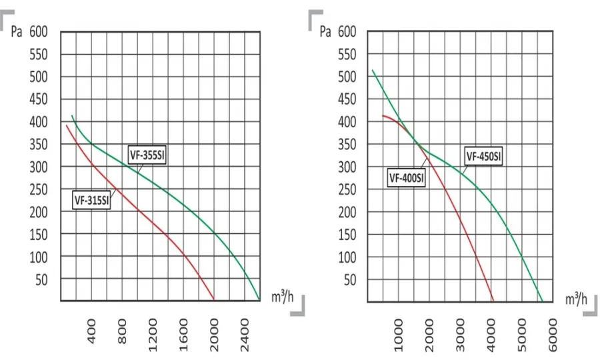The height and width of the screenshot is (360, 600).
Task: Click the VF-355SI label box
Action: pos(147,155)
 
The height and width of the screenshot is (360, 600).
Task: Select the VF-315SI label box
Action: pos(92,200)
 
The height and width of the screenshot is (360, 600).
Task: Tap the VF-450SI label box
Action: pos(483,156)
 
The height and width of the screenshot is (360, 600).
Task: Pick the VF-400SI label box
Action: pos(406,177)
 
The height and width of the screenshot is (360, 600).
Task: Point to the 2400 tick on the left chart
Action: pos(245,335)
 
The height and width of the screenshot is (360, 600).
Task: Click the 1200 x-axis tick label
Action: pos(153,335)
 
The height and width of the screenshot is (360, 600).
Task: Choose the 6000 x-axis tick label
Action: pos(553,335)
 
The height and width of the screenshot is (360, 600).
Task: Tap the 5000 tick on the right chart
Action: pos(522,335)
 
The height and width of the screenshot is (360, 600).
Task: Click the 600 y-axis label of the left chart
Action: pos(39,32)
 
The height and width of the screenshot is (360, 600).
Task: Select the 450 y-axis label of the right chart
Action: pos(347,99)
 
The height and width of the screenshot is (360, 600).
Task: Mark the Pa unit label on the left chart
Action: pos(17,32)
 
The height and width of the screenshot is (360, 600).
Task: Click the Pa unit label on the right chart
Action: pos(325,32)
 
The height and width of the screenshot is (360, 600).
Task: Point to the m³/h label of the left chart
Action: pos(283,297)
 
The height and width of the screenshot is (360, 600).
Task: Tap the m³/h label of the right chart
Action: pos(576,299)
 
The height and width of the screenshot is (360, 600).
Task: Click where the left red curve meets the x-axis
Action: pos(214,300)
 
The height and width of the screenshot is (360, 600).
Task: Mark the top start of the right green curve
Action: pos(373,70)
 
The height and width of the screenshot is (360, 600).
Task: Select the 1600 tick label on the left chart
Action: pos(184,335)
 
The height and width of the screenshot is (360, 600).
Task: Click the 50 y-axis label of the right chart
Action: pos(350,280)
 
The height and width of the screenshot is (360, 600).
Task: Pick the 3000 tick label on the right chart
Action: pos(460,335)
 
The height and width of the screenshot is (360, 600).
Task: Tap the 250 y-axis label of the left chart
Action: pos(39,190)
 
